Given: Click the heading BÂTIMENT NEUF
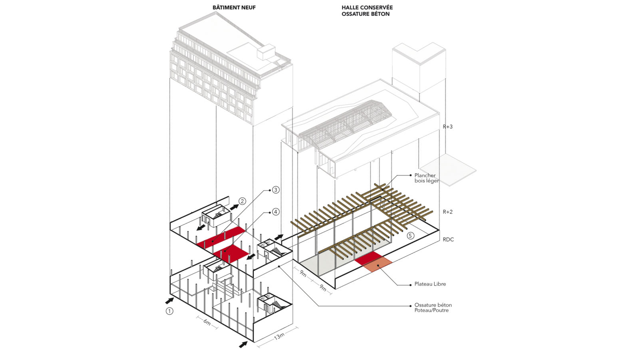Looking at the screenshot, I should [234, 8].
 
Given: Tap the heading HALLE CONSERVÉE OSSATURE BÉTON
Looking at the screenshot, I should [367, 11].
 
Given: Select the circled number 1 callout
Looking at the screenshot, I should [170, 310].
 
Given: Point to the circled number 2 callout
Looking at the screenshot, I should [242, 201].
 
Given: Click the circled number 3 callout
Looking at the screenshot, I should [276, 190].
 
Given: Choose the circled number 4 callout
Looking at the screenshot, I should [276, 212].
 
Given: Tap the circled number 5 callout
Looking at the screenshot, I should [411, 236].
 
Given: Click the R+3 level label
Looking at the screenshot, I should [447, 127].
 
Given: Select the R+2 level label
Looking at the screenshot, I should [447, 212].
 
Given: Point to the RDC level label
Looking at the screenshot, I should [448, 240].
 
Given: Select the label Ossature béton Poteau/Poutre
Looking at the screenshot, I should [433, 308].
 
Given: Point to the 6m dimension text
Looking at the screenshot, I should [207, 322].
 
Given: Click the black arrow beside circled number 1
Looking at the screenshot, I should [169, 300].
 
